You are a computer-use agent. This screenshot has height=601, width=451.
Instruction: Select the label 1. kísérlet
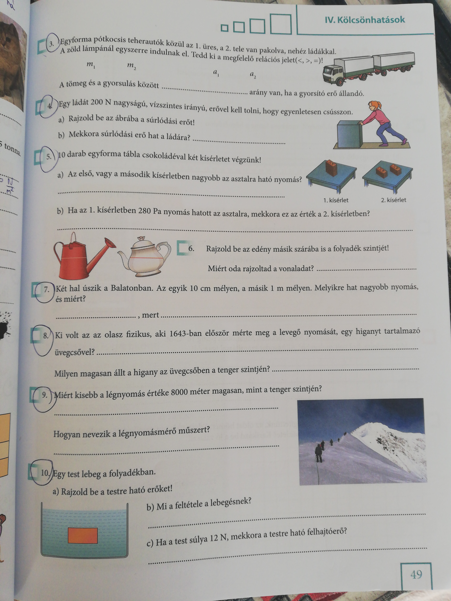[336, 200]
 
